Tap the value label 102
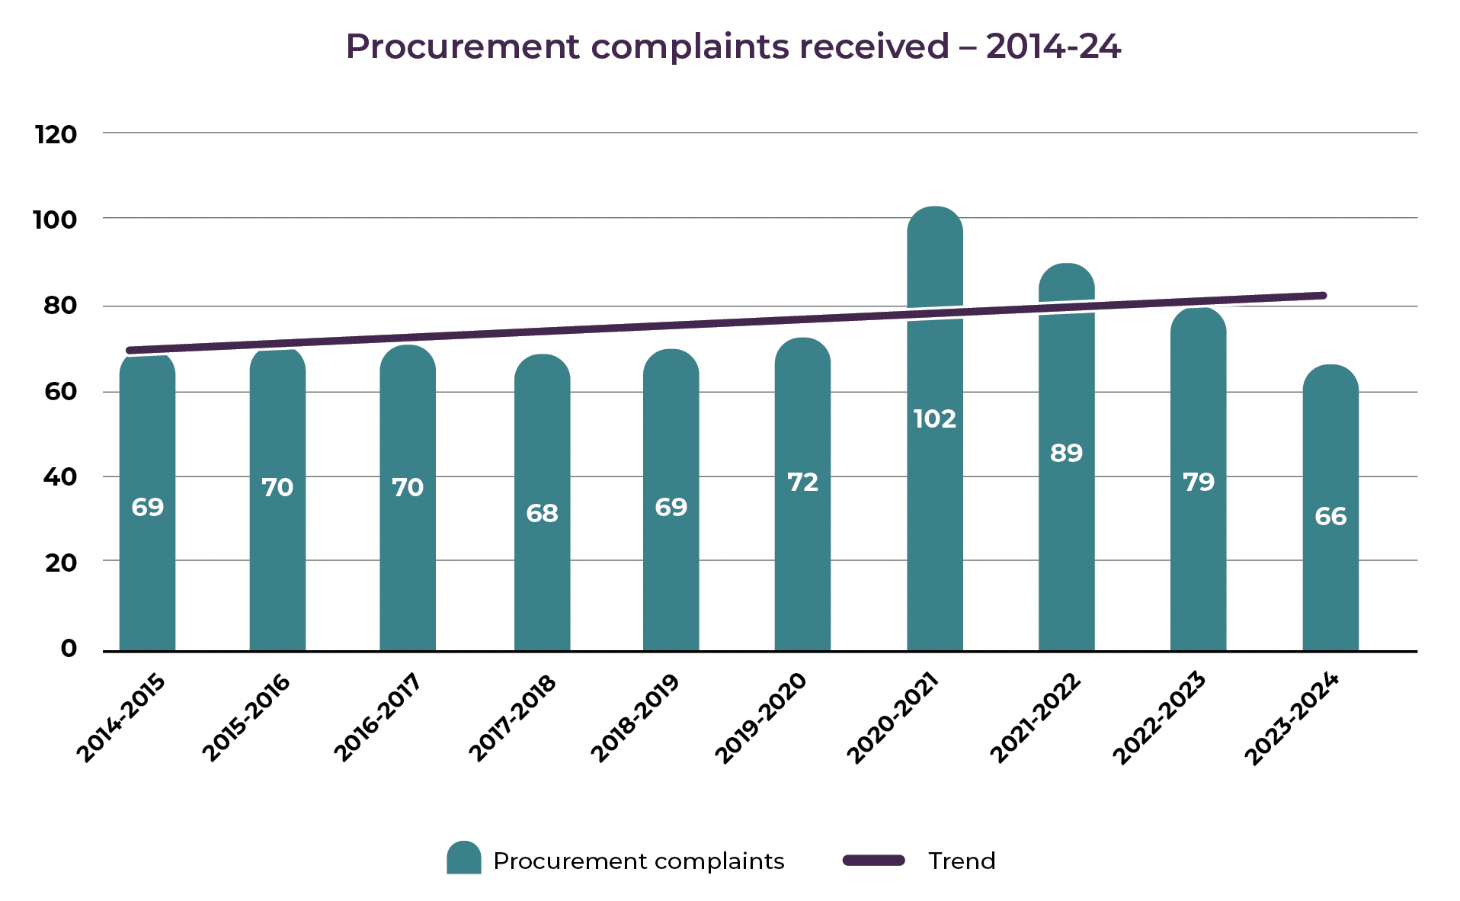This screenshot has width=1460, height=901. point(934,418)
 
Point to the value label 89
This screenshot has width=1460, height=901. point(1066,453)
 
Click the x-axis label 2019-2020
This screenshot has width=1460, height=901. point(761,717)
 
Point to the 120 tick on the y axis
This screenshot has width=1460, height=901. point(56,135)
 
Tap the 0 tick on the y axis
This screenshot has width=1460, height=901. point(69,649)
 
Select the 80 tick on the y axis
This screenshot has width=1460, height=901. point(60,306)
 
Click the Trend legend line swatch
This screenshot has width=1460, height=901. point(874,860)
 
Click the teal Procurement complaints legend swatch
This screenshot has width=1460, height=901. point(463,858)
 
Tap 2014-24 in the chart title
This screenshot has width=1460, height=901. point(1053,46)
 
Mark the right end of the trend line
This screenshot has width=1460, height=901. point(1323,295)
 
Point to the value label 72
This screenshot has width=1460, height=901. point(802,482)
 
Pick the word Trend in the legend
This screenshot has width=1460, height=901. point(962,861)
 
